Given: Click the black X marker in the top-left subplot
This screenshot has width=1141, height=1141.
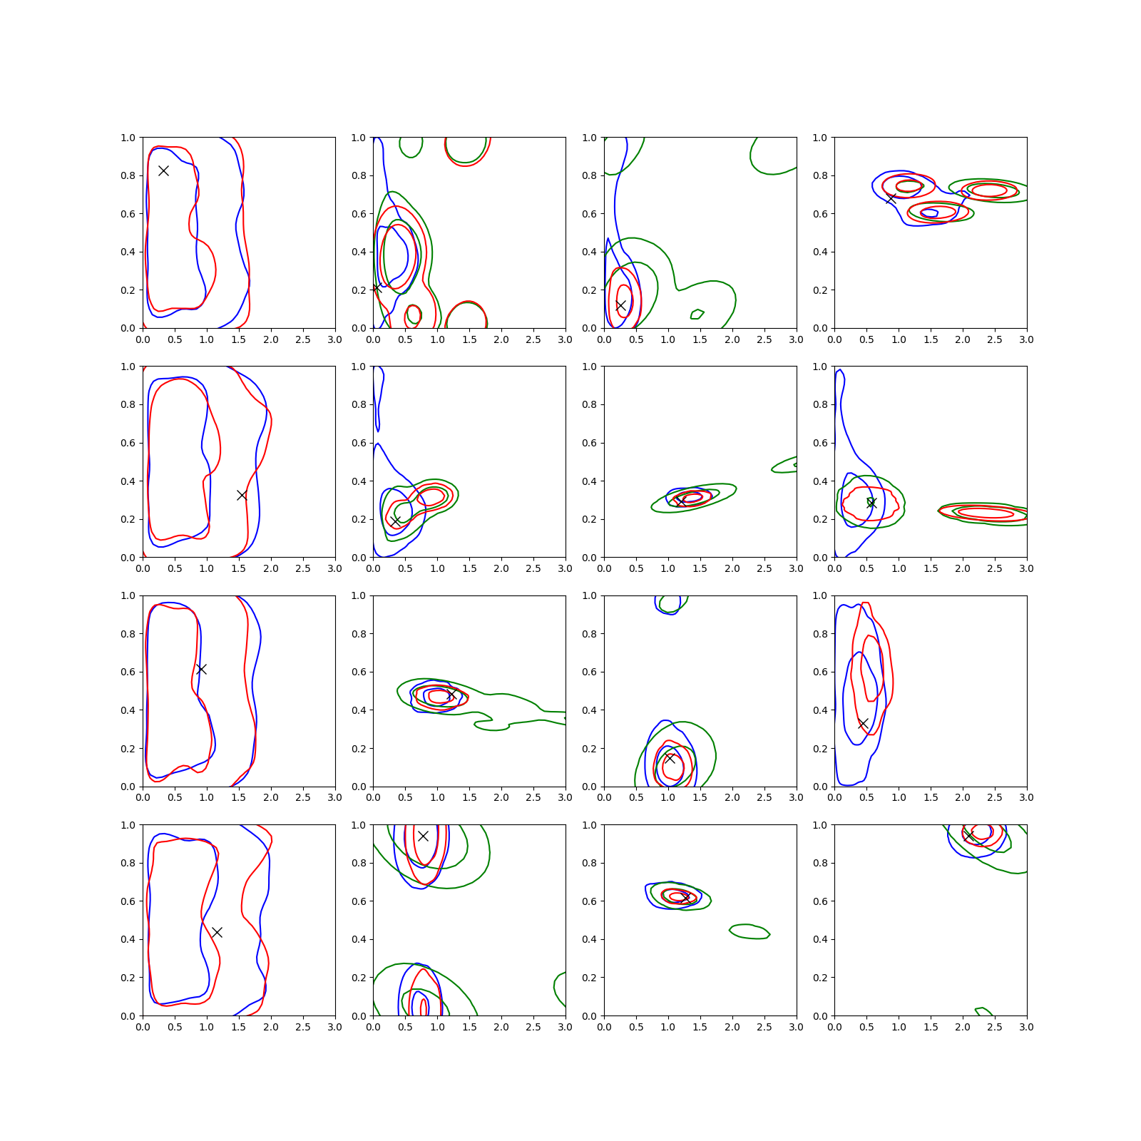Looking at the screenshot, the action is tap(163, 170).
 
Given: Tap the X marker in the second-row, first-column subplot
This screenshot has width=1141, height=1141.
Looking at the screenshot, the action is tap(242, 495).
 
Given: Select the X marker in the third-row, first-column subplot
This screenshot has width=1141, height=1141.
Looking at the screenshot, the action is tap(201, 669).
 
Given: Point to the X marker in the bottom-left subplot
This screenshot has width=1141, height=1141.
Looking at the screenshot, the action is tap(217, 932).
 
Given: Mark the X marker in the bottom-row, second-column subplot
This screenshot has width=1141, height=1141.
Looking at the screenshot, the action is tap(423, 836).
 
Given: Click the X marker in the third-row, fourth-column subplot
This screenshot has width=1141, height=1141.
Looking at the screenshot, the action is tap(863, 723).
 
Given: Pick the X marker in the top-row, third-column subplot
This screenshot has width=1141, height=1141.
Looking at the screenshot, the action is tap(620, 305).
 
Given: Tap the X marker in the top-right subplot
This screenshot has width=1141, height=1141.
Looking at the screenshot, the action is tap(891, 198).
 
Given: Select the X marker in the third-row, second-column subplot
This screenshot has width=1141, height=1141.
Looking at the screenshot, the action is tap(451, 695).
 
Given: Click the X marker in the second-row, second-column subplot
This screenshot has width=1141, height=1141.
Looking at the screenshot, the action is tap(395, 521).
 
